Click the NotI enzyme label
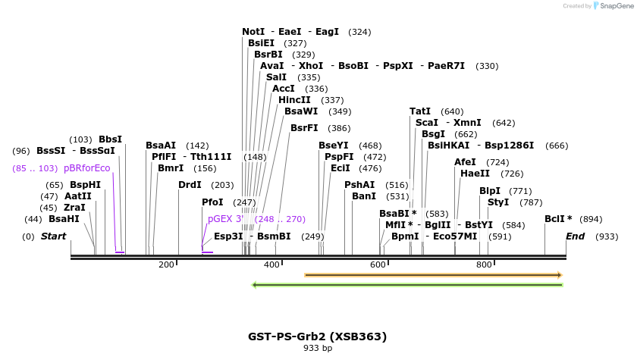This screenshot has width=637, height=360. (x=253, y=32)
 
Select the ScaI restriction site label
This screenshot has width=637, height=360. (x=426, y=123)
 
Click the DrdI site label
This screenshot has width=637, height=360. (x=190, y=185)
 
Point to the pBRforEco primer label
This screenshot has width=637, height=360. (x=86, y=168)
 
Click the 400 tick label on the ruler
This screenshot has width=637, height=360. (x=271, y=265)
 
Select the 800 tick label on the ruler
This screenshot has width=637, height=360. (x=484, y=265)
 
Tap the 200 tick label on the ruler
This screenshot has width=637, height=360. (x=166, y=265)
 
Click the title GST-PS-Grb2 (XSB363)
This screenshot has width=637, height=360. (x=317, y=337)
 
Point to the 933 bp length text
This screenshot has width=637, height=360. (x=317, y=349)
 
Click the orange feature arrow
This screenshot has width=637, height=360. (x=433, y=275)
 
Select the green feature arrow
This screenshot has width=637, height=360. (x=407, y=285)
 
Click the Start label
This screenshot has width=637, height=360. (x=53, y=236)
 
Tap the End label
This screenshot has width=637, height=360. (x=575, y=236)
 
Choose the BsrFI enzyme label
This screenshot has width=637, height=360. (x=304, y=128)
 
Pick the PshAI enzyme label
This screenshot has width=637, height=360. (x=359, y=185)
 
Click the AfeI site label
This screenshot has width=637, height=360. (x=465, y=162)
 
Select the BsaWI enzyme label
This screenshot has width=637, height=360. (x=301, y=111)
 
